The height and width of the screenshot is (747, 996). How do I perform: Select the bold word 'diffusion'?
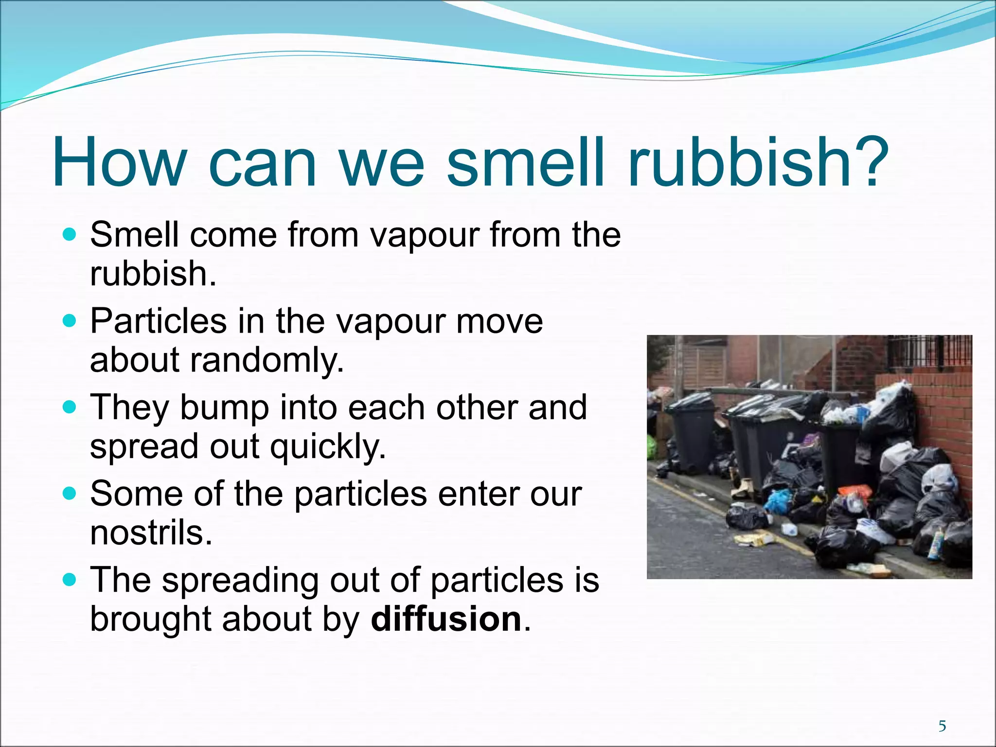[446, 619]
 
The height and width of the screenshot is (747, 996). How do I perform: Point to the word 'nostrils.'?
[151, 533]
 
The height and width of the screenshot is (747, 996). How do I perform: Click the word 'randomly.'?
[267, 361]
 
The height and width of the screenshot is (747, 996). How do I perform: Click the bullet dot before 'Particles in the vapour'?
[70, 322]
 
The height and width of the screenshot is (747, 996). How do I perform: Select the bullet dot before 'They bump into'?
[70, 408]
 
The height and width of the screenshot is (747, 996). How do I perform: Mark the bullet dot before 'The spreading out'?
[70, 580]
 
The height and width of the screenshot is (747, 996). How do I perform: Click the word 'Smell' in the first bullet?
[135, 235]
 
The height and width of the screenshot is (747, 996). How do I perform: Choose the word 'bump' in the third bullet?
[224, 408]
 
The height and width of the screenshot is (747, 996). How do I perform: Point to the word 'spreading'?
[240, 580]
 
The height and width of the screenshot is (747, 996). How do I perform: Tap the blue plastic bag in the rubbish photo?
[779, 501]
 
